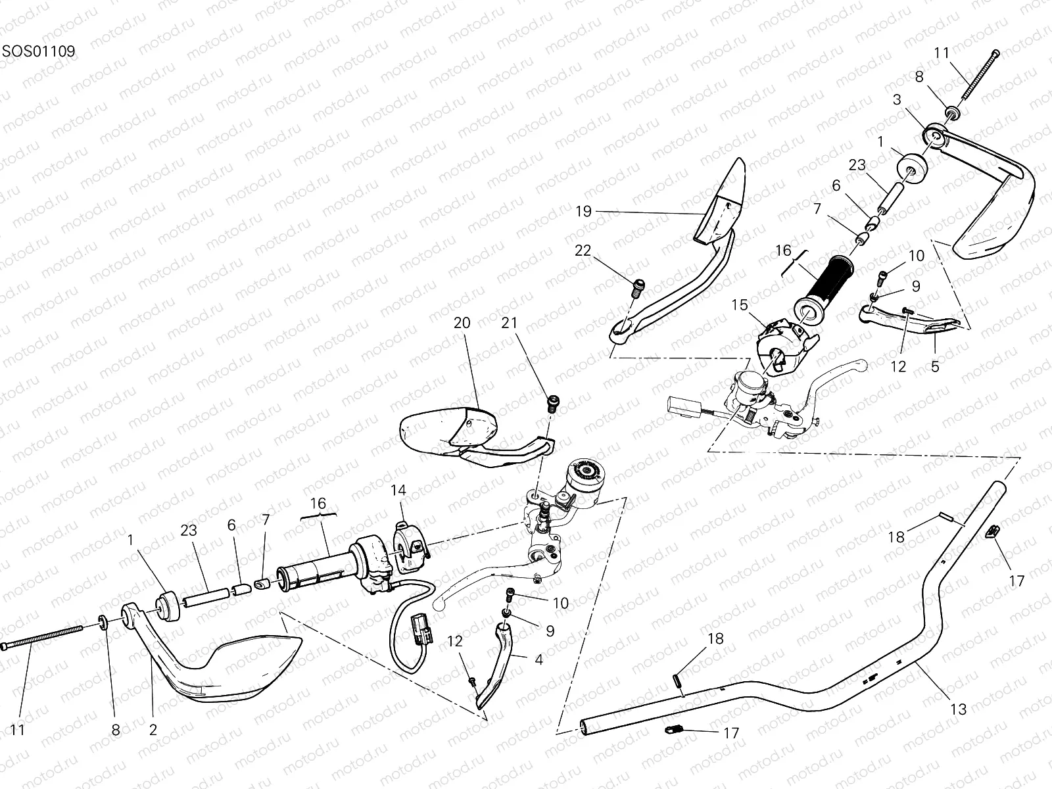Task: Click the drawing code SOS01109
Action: [x=37, y=51]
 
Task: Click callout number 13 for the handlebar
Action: [x=959, y=709]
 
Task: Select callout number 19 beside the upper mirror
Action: [x=583, y=212]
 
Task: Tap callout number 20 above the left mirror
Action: [x=462, y=323]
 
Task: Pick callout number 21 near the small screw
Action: [x=510, y=323]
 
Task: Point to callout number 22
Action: [x=583, y=251]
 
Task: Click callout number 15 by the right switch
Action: [x=740, y=305]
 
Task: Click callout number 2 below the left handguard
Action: [x=153, y=729]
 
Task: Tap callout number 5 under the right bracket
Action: [x=935, y=366]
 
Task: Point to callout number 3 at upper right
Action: [x=897, y=100]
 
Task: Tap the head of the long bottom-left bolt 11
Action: [x=7, y=648]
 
